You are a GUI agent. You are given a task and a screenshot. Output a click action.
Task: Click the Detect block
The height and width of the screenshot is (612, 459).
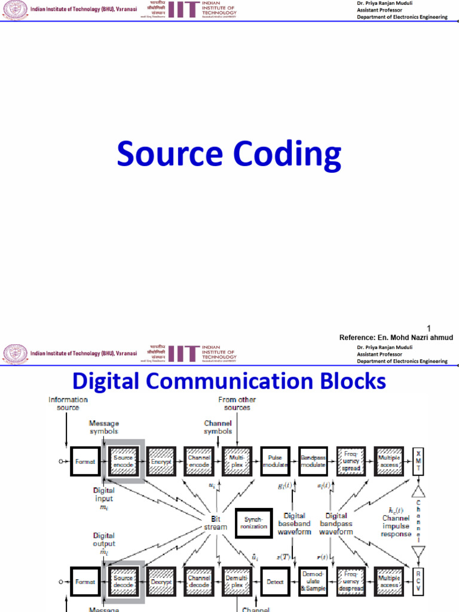(276, 582)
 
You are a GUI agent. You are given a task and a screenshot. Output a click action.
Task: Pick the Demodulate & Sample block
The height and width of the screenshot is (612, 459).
(313, 582)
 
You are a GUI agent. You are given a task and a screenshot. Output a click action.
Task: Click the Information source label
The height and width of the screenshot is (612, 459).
(68, 403)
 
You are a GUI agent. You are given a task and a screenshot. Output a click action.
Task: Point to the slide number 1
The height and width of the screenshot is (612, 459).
(429, 328)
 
